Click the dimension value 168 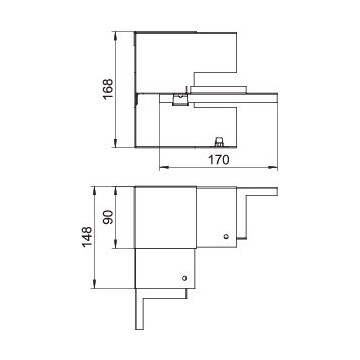pyautogui.click(x=108, y=89)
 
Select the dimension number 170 pyautogui.click(x=219, y=160)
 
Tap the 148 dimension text pyautogui.click(x=87, y=237)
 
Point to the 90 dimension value pyautogui.click(x=108, y=217)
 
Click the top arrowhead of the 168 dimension pyautogui.click(x=115, y=35)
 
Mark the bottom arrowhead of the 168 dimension pyautogui.click(x=115, y=143)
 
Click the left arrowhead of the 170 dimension pyautogui.click(x=163, y=168)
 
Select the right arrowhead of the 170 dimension pyautogui.click(x=273, y=168)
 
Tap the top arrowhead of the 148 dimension pyautogui.click(x=95, y=191)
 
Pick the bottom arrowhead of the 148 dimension pyautogui.click(x=95, y=284)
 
